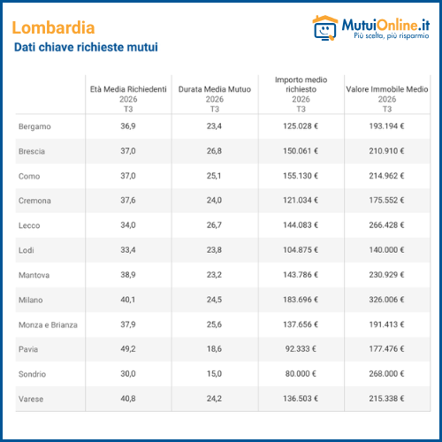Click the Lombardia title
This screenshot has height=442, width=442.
53,27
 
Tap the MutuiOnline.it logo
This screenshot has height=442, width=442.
371,27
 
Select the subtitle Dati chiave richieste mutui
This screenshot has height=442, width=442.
86,47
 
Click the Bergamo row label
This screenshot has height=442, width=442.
34,126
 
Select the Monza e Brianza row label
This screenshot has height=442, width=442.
48,324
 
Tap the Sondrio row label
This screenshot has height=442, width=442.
32,374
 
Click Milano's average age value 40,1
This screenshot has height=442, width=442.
128,300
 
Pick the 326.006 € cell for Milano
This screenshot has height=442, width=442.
386,300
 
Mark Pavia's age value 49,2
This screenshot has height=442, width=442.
128,349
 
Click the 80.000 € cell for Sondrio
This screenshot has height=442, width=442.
301,374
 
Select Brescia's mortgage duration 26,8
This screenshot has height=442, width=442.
214,151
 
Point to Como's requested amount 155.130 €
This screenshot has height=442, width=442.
301,176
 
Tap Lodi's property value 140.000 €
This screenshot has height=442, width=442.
386,250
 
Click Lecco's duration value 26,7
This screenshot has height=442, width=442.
214,225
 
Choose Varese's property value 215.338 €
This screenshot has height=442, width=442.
386,399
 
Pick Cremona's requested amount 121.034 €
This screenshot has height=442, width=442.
301,201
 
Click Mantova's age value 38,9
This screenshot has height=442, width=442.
128,275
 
